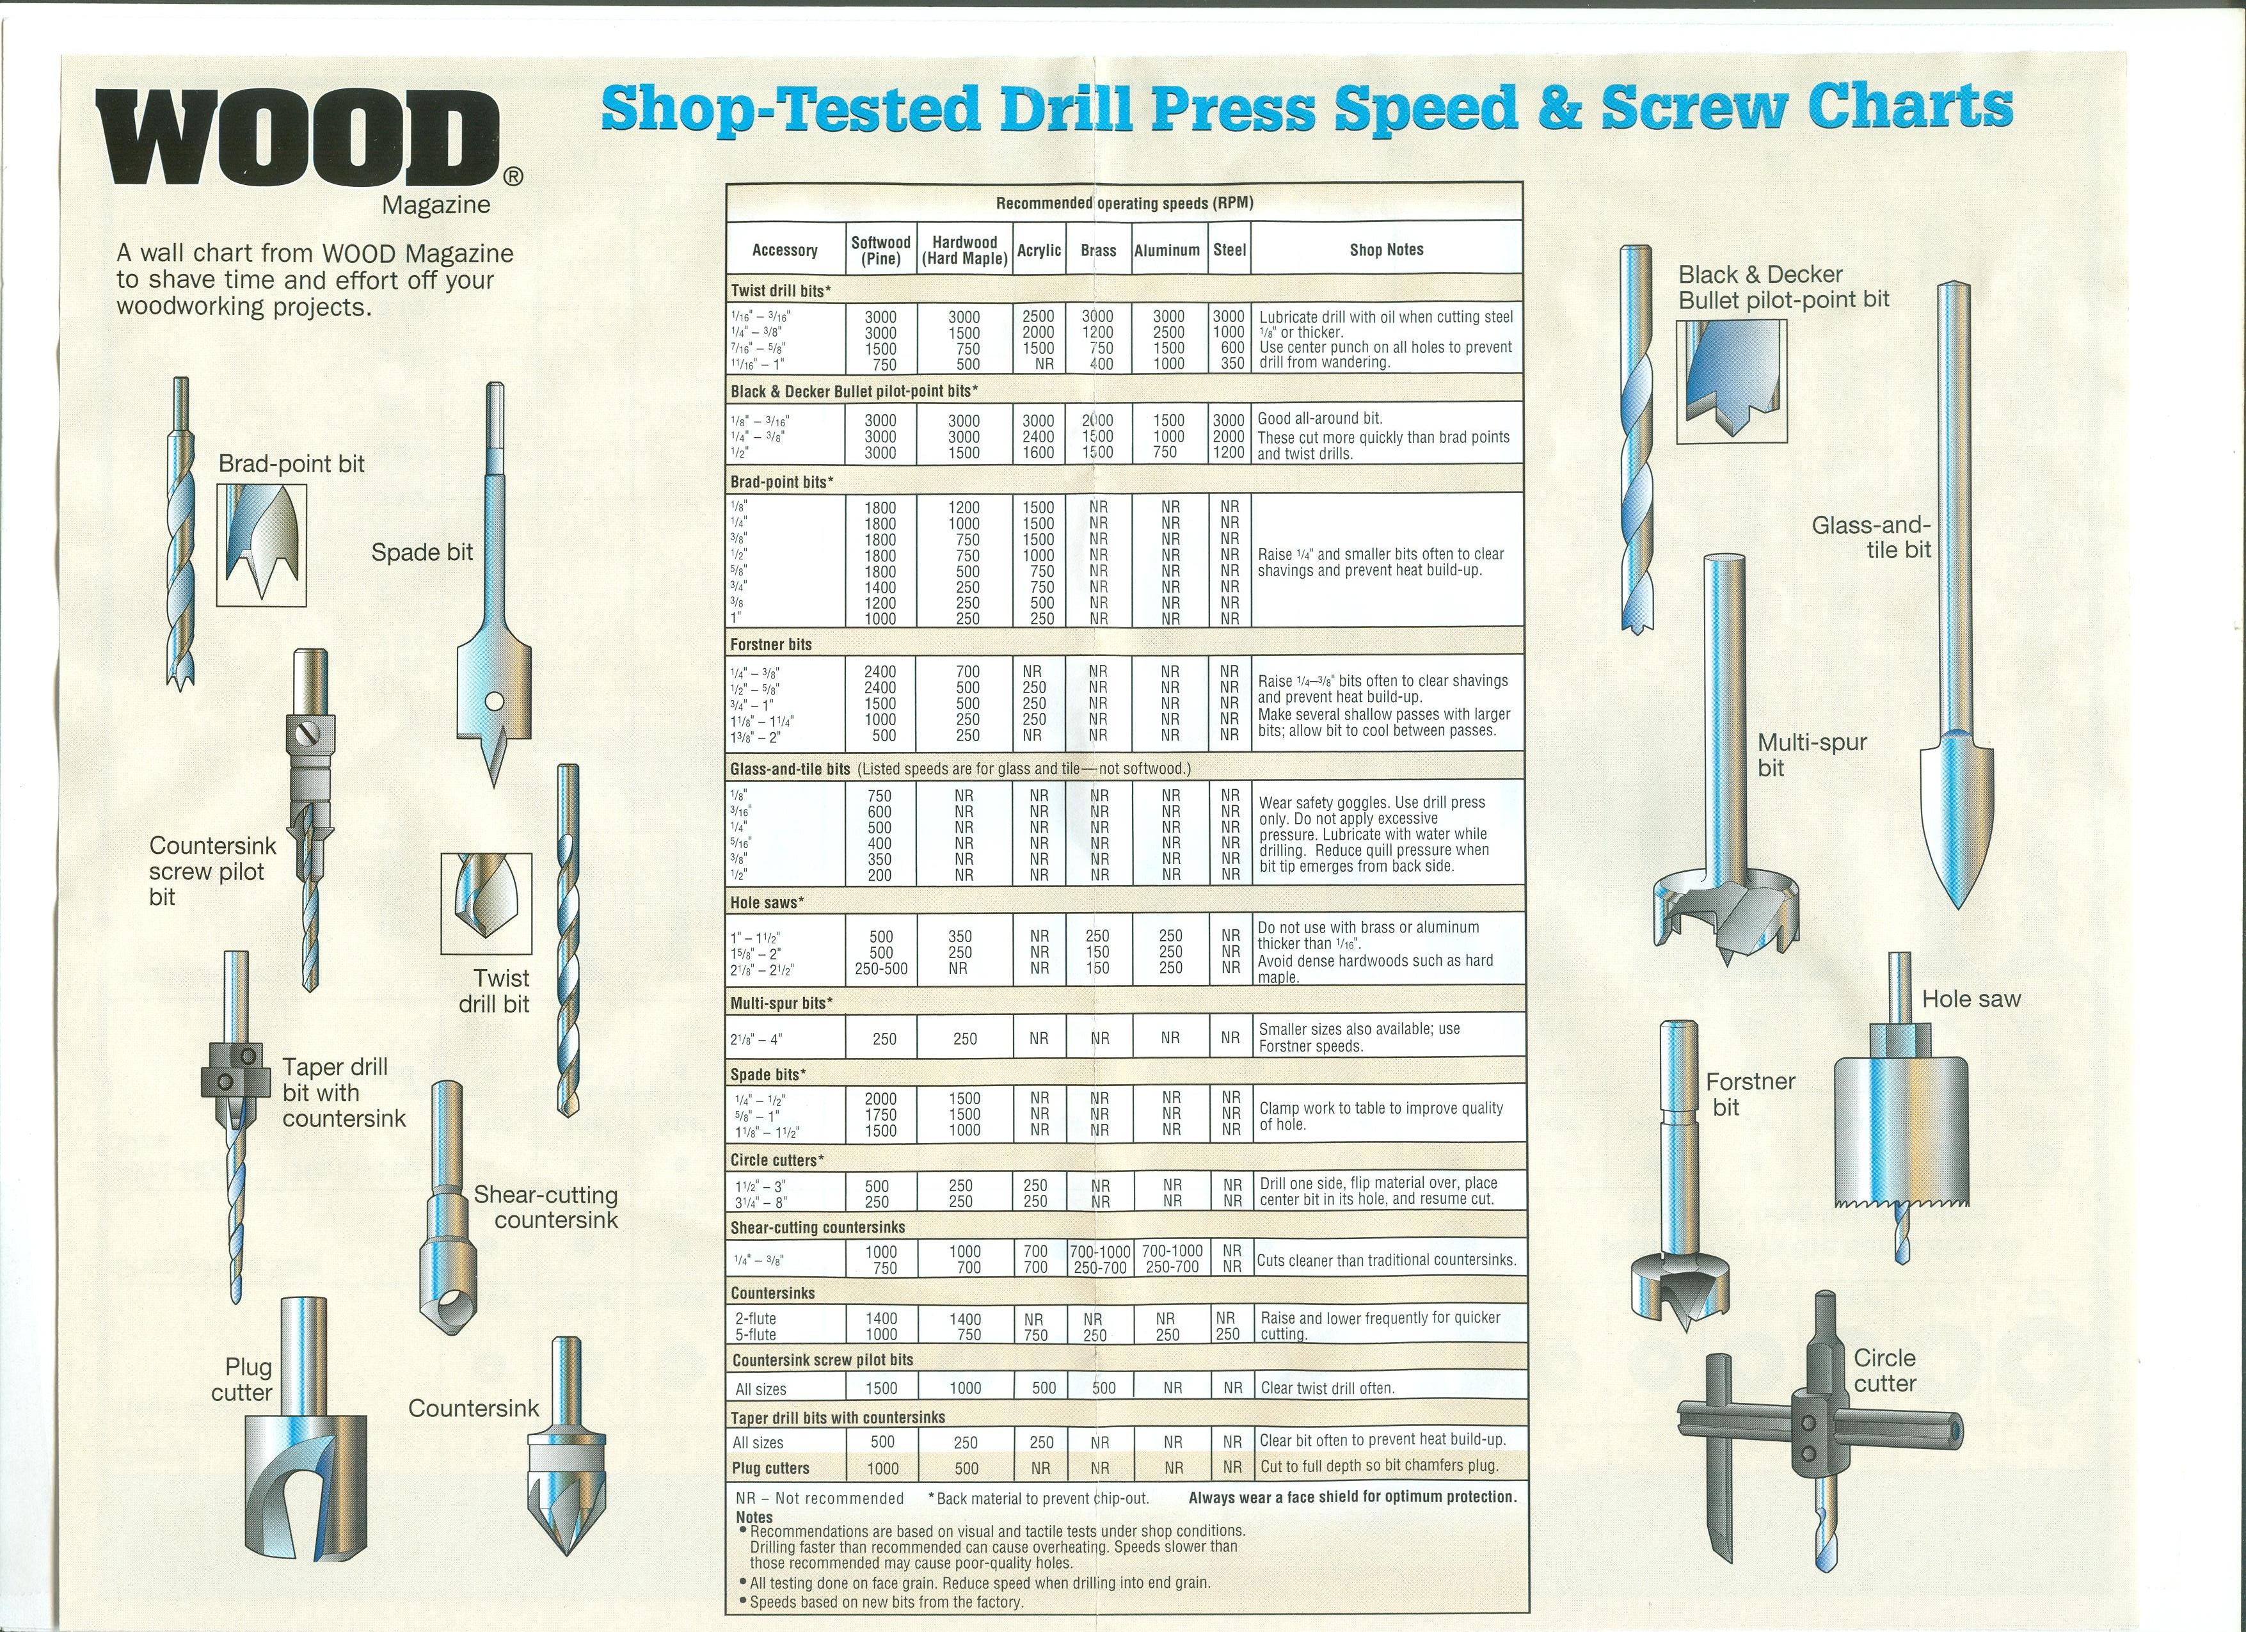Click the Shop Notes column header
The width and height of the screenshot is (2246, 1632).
click(x=1387, y=250)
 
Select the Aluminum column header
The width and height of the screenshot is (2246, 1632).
click(x=1168, y=250)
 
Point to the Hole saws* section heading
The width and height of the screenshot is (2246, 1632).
click(x=767, y=902)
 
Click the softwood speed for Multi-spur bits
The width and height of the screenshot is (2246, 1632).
click(x=884, y=1039)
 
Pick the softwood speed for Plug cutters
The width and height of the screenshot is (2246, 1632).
click(x=882, y=1469)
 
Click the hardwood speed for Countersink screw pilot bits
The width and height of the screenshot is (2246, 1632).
click(x=964, y=1388)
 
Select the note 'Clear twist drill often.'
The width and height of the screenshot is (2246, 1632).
click(x=1328, y=1388)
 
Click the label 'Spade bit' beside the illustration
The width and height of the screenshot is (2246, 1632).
click(x=422, y=552)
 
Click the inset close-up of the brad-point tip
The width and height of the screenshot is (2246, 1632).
click(x=262, y=545)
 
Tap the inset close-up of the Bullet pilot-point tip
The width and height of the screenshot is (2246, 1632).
click(x=1732, y=382)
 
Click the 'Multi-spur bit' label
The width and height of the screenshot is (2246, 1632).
click(x=1812, y=755)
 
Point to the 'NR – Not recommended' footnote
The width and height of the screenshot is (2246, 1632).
click(x=820, y=1498)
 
